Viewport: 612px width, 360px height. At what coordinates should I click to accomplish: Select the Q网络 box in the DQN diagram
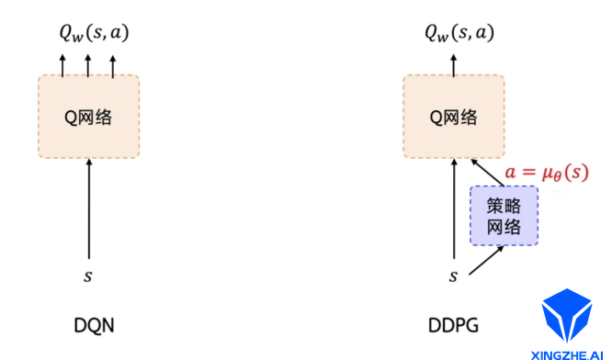pos(89,116)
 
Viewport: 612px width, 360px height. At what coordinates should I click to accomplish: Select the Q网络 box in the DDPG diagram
pos(454,116)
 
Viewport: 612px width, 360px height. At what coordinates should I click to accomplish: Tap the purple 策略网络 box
pos(504,215)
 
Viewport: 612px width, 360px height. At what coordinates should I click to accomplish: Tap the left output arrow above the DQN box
pos(63,65)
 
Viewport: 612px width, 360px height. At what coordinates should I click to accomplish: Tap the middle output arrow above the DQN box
pos(88,65)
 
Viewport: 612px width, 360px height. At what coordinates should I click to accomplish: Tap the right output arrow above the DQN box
pos(113,65)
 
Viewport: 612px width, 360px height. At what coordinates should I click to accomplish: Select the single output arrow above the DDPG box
pos(453,65)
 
